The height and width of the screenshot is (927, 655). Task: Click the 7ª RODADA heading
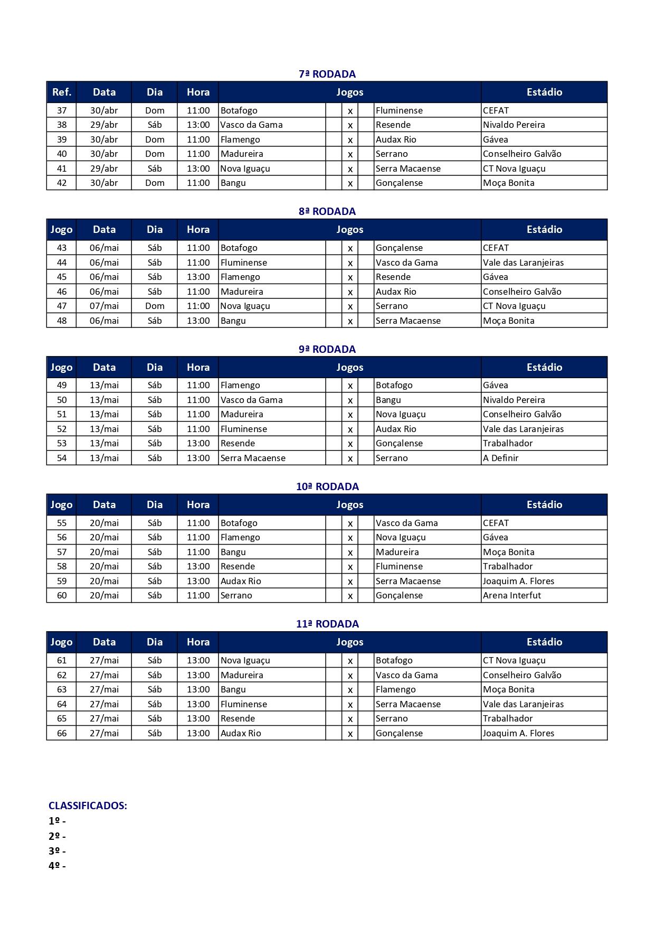327,74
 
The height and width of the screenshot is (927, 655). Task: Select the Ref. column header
61,92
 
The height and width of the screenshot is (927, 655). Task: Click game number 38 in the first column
62,125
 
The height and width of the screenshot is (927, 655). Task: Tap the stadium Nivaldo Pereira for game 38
514,125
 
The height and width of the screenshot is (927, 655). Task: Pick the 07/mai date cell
104,306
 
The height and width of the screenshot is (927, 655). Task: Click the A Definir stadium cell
500,458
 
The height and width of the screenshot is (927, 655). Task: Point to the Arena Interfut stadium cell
512,595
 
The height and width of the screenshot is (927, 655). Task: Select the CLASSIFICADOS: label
88,806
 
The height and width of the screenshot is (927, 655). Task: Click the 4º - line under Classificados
57,866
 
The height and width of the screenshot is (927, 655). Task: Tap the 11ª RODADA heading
327,624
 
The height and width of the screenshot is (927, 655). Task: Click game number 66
62,733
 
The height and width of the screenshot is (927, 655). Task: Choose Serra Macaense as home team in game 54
253,458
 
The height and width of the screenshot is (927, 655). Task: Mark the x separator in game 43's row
350,248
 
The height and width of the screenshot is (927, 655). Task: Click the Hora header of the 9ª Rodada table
198,367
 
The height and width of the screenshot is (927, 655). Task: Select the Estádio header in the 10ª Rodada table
544,504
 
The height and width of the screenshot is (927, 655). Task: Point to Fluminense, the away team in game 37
399,110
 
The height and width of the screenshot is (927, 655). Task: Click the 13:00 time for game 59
198,581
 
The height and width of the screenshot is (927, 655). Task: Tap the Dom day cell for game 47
155,306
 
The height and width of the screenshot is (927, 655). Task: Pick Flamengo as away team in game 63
395,689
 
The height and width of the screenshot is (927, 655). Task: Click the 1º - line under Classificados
57,821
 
